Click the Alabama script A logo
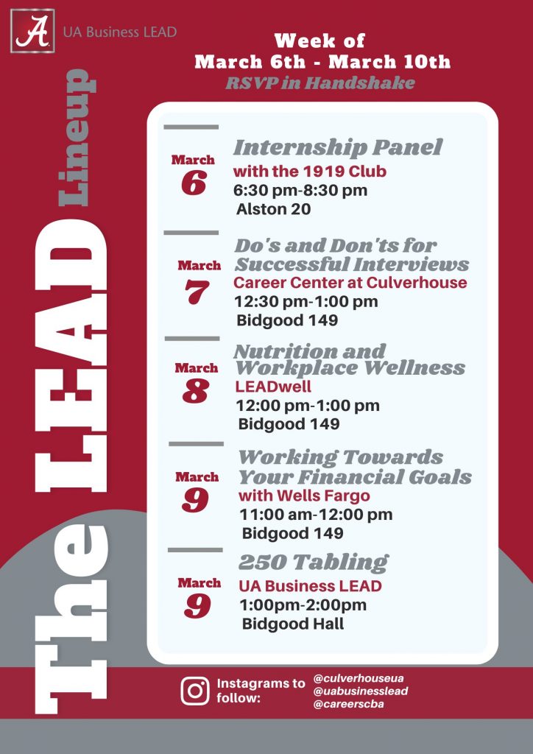point(32,31)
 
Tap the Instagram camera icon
point(195,691)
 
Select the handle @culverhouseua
point(359,678)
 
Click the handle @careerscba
point(348,705)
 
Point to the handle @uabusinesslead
point(361,691)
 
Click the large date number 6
point(194,183)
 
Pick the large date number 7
point(197,292)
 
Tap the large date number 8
point(196,391)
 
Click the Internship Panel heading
point(337,147)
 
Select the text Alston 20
point(273,209)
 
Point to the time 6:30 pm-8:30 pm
point(300,191)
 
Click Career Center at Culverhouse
point(350,282)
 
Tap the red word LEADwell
point(273,387)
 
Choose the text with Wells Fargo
point(304,496)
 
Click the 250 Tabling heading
point(314,562)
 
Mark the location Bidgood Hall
point(293,624)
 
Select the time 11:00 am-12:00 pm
point(317,515)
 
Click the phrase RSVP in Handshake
point(320,83)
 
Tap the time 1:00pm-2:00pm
point(303,605)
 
